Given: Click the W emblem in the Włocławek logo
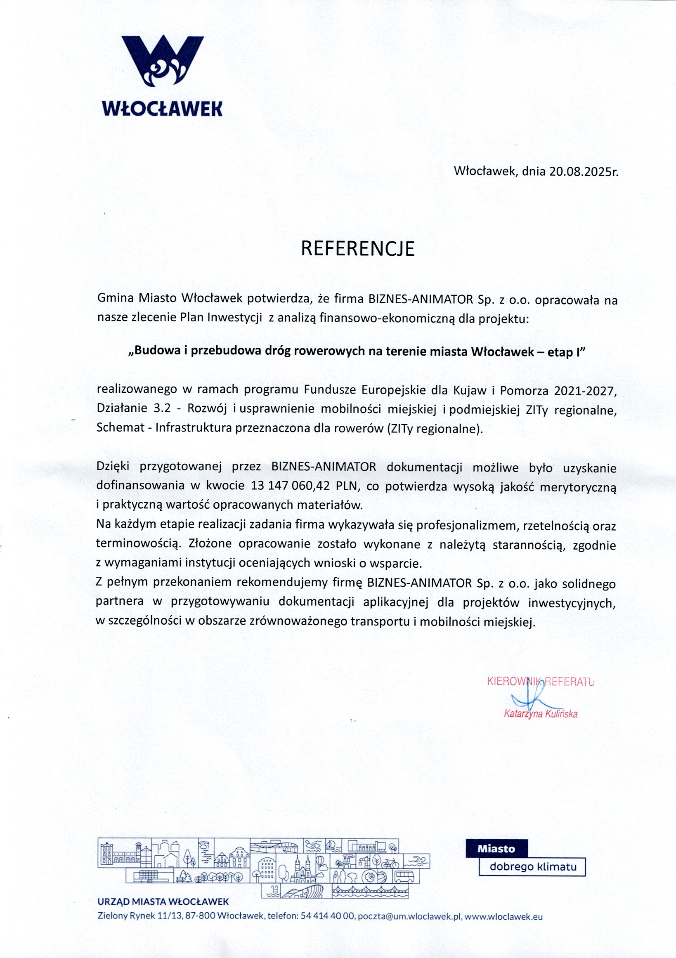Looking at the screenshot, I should tap(162, 61).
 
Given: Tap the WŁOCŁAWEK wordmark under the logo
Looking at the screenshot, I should tap(162, 109).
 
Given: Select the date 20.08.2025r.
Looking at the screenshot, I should tap(583, 172).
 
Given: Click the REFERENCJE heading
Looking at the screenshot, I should tap(358, 249).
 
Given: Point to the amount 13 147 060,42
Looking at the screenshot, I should tap(291, 486).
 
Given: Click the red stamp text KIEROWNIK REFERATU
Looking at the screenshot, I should tap(540, 682).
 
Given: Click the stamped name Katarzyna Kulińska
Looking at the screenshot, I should tap(541, 714).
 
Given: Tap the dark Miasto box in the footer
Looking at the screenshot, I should tap(496, 849).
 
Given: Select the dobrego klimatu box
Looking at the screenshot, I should tap(533, 867).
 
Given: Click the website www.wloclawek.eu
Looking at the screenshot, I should tap(503, 917).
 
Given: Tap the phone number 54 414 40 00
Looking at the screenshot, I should tap(328, 917).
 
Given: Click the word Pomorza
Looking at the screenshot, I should tap(524, 391).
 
